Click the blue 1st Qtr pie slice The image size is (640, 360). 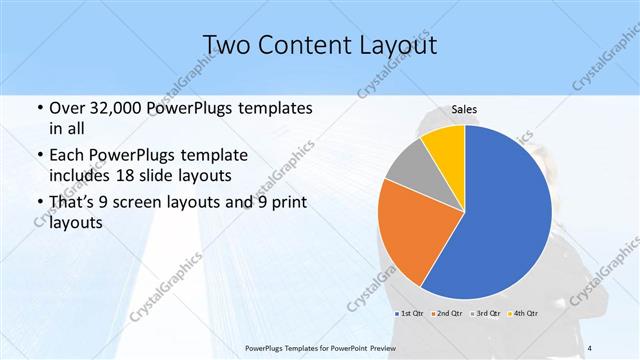point(505,215)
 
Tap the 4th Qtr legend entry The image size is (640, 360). point(524,314)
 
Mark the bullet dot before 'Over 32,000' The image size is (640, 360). point(38,107)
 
